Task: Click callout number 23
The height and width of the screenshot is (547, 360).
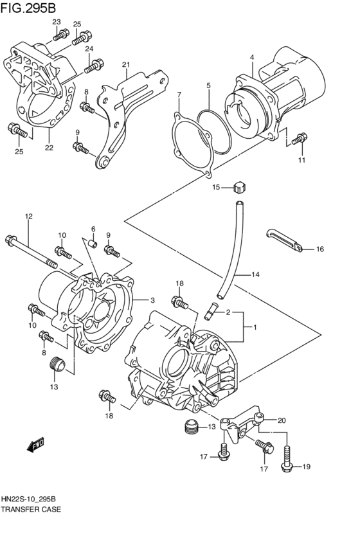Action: pyautogui.click(x=57, y=22)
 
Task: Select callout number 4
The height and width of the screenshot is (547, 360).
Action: pyautogui.click(x=252, y=57)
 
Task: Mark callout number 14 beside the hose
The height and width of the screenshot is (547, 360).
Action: pyautogui.click(x=255, y=274)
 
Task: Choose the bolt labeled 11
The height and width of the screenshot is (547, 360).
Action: pyautogui.click(x=299, y=138)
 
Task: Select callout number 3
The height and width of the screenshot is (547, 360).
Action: pyautogui.click(x=152, y=300)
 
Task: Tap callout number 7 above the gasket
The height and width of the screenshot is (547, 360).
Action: pyautogui.click(x=179, y=95)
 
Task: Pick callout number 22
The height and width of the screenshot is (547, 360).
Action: pyautogui.click(x=49, y=147)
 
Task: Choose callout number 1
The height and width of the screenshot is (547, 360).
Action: pyautogui.click(x=255, y=328)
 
